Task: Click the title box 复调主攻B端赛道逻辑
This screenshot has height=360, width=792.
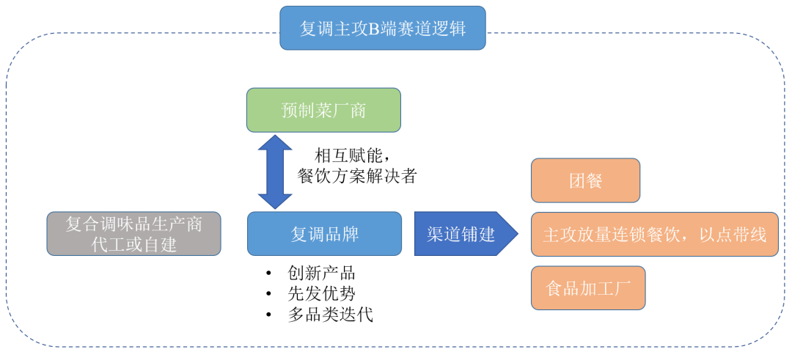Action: coord(382,28)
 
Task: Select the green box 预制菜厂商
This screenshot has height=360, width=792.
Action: coord(323,110)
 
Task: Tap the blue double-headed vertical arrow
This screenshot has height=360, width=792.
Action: coord(275,172)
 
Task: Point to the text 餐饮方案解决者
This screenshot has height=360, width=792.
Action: coord(356,176)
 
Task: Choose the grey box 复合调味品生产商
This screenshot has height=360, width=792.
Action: coord(133,224)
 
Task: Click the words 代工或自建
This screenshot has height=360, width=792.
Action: coord(133,245)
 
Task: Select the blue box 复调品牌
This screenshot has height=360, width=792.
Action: coord(324,234)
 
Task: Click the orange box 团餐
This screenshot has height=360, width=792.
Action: coord(585,180)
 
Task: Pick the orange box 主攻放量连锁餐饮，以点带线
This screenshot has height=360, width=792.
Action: coord(654,235)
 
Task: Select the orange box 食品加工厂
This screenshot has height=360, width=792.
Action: coord(588,287)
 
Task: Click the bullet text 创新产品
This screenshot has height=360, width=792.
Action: coord(321,273)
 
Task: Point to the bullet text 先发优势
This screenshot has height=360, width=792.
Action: coord(321,294)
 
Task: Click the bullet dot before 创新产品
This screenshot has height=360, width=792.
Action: coord(269,274)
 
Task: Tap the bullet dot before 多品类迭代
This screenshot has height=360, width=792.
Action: coord(269,316)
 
